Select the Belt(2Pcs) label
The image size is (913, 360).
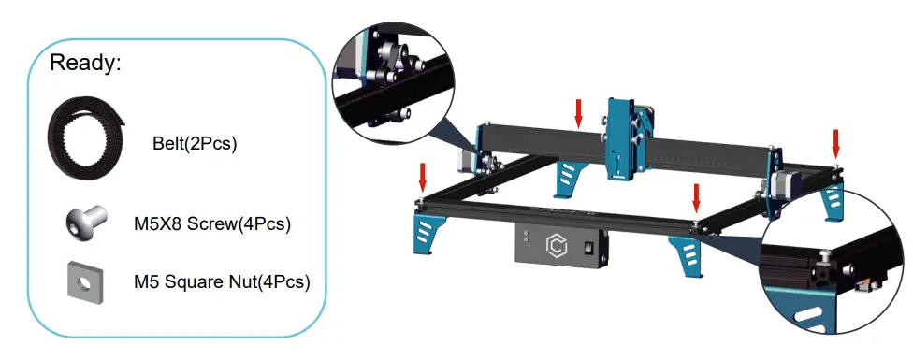[194, 145]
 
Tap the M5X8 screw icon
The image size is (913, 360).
[80, 223]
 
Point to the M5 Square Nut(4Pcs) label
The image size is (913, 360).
[222, 281]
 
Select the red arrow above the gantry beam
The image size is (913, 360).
[579, 113]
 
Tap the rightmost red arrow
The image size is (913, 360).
[835, 143]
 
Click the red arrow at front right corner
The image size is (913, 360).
[695, 197]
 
